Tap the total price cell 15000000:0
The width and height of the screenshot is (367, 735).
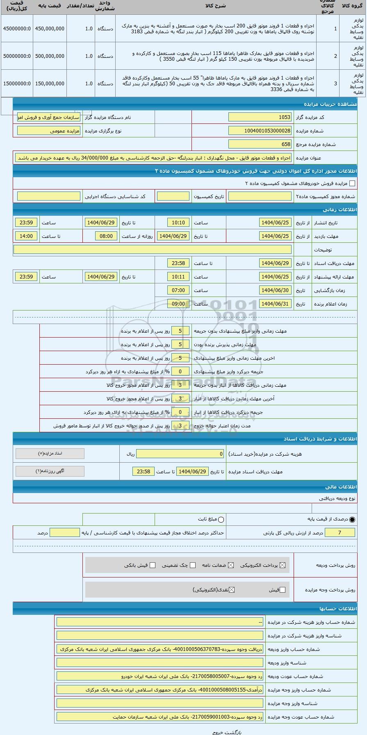17,84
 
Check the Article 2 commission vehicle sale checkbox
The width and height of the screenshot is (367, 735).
352,184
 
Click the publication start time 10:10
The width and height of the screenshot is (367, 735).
178,223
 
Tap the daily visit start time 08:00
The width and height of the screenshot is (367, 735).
106,236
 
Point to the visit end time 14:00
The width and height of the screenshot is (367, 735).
26,236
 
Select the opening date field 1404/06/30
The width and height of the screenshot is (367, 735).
275,290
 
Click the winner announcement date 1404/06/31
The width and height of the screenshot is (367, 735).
275,304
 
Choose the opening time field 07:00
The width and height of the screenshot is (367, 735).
178,290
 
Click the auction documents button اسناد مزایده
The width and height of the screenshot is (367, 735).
50,454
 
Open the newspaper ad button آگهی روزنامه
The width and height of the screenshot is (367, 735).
50,471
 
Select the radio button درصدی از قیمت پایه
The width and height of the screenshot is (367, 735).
353,520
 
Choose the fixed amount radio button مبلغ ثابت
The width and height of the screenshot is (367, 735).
221,520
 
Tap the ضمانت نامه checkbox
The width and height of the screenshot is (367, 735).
231,565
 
